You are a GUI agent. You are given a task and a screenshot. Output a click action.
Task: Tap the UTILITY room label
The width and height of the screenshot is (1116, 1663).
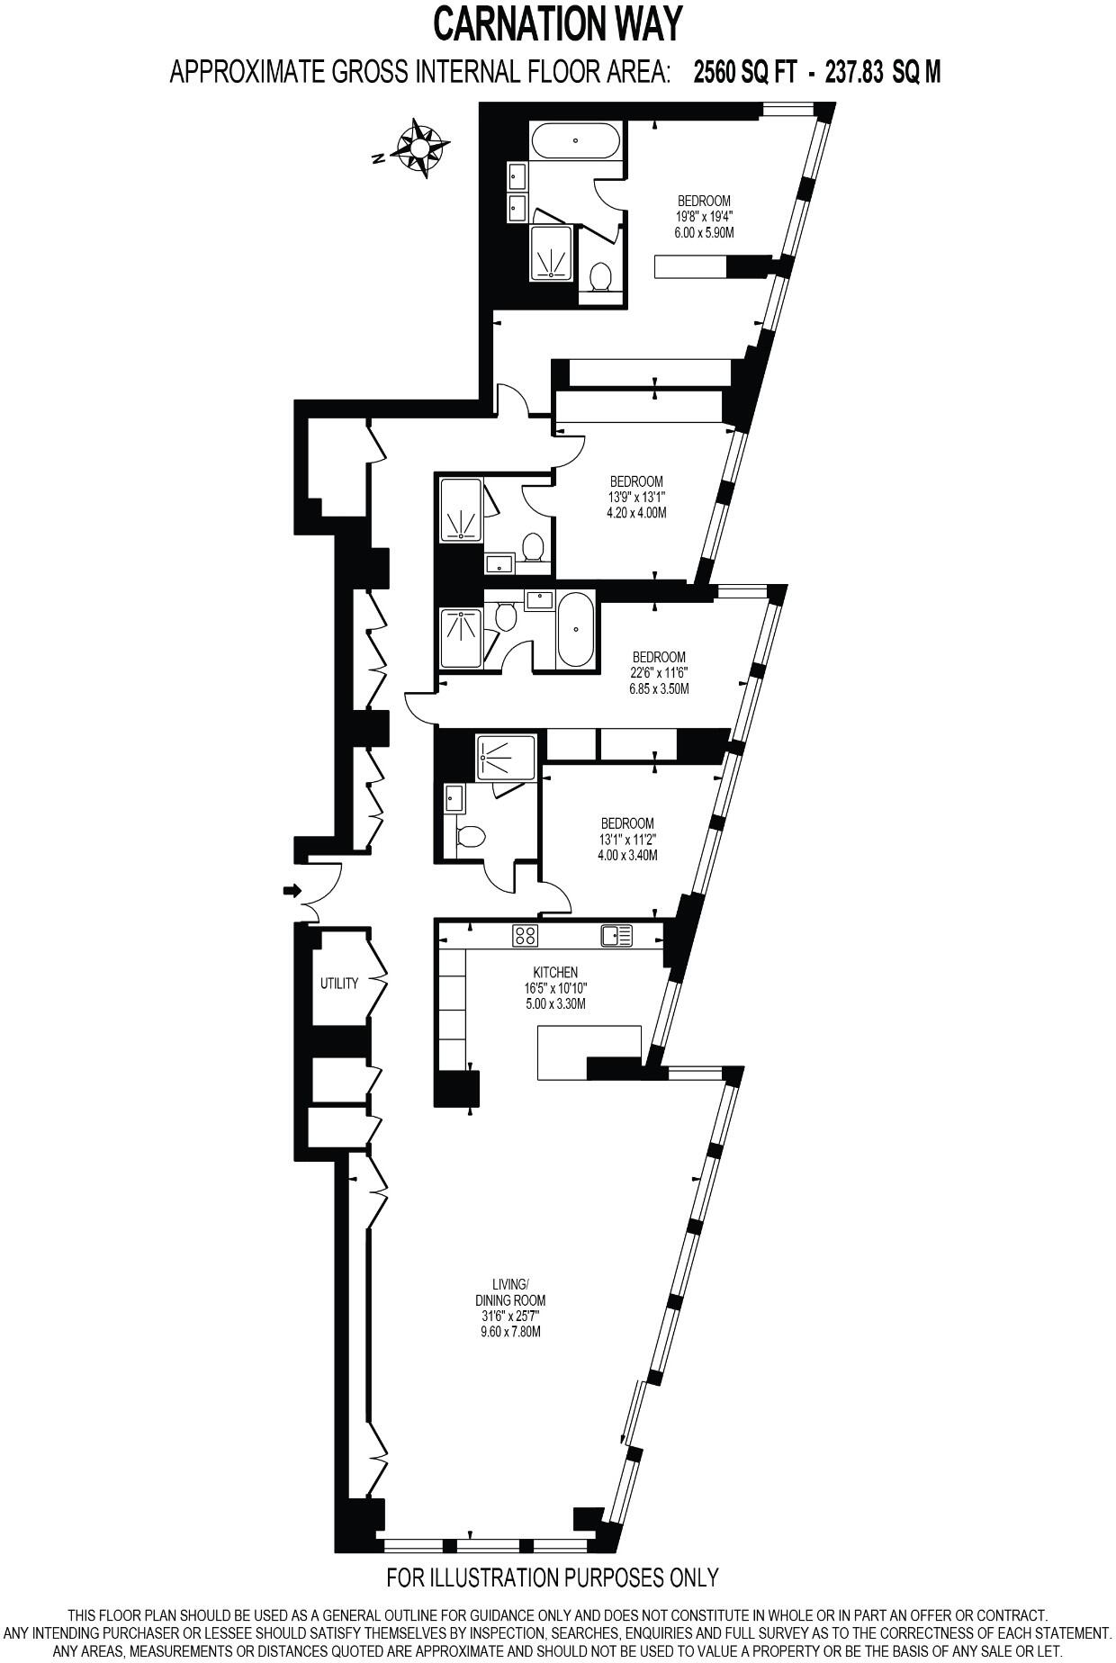tap(338, 984)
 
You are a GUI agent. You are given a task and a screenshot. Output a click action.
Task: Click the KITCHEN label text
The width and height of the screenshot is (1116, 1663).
tap(554, 973)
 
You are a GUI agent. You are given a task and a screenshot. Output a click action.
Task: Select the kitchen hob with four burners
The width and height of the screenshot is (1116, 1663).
tap(525, 936)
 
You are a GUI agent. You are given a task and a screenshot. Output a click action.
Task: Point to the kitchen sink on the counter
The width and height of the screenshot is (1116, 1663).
tap(616, 936)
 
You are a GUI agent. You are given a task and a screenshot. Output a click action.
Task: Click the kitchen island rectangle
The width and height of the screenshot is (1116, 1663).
tap(589, 1052)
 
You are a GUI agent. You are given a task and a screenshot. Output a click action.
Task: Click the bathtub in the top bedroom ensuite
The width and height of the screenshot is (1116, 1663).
tap(575, 142)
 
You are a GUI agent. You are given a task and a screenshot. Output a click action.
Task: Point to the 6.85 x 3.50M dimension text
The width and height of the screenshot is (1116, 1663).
tap(658, 689)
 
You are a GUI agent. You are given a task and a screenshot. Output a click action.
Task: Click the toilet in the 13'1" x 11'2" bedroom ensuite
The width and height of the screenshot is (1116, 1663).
tap(470, 837)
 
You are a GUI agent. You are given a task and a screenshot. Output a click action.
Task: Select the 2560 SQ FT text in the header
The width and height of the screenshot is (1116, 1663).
tap(744, 73)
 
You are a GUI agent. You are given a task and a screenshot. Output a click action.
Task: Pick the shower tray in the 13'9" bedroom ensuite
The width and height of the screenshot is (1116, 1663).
tap(461, 508)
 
